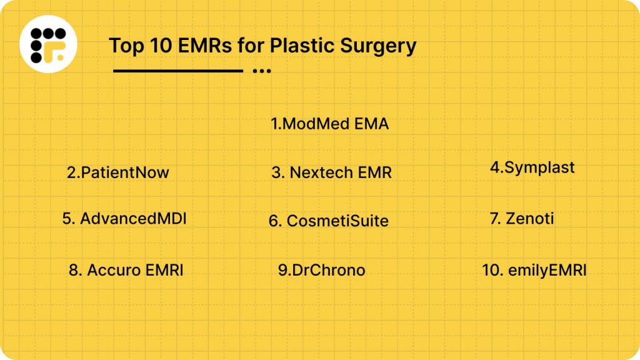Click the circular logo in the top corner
tap(47, 44)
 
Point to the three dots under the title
tap(262, 71)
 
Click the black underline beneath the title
tap(178, 71)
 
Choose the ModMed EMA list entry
tap(330, 124)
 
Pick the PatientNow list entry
tap(118, 172)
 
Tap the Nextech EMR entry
tap(332, 173)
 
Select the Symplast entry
tap(532, 167)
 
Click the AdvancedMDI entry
tap(124, 219)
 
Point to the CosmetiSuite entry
tap(329, 221)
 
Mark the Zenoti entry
tap(522, 219)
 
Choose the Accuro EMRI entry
tap(126, 270)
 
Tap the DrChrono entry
tap(322, 270)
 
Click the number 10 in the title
tap(151, 46)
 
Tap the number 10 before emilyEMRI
tap(489, 270)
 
